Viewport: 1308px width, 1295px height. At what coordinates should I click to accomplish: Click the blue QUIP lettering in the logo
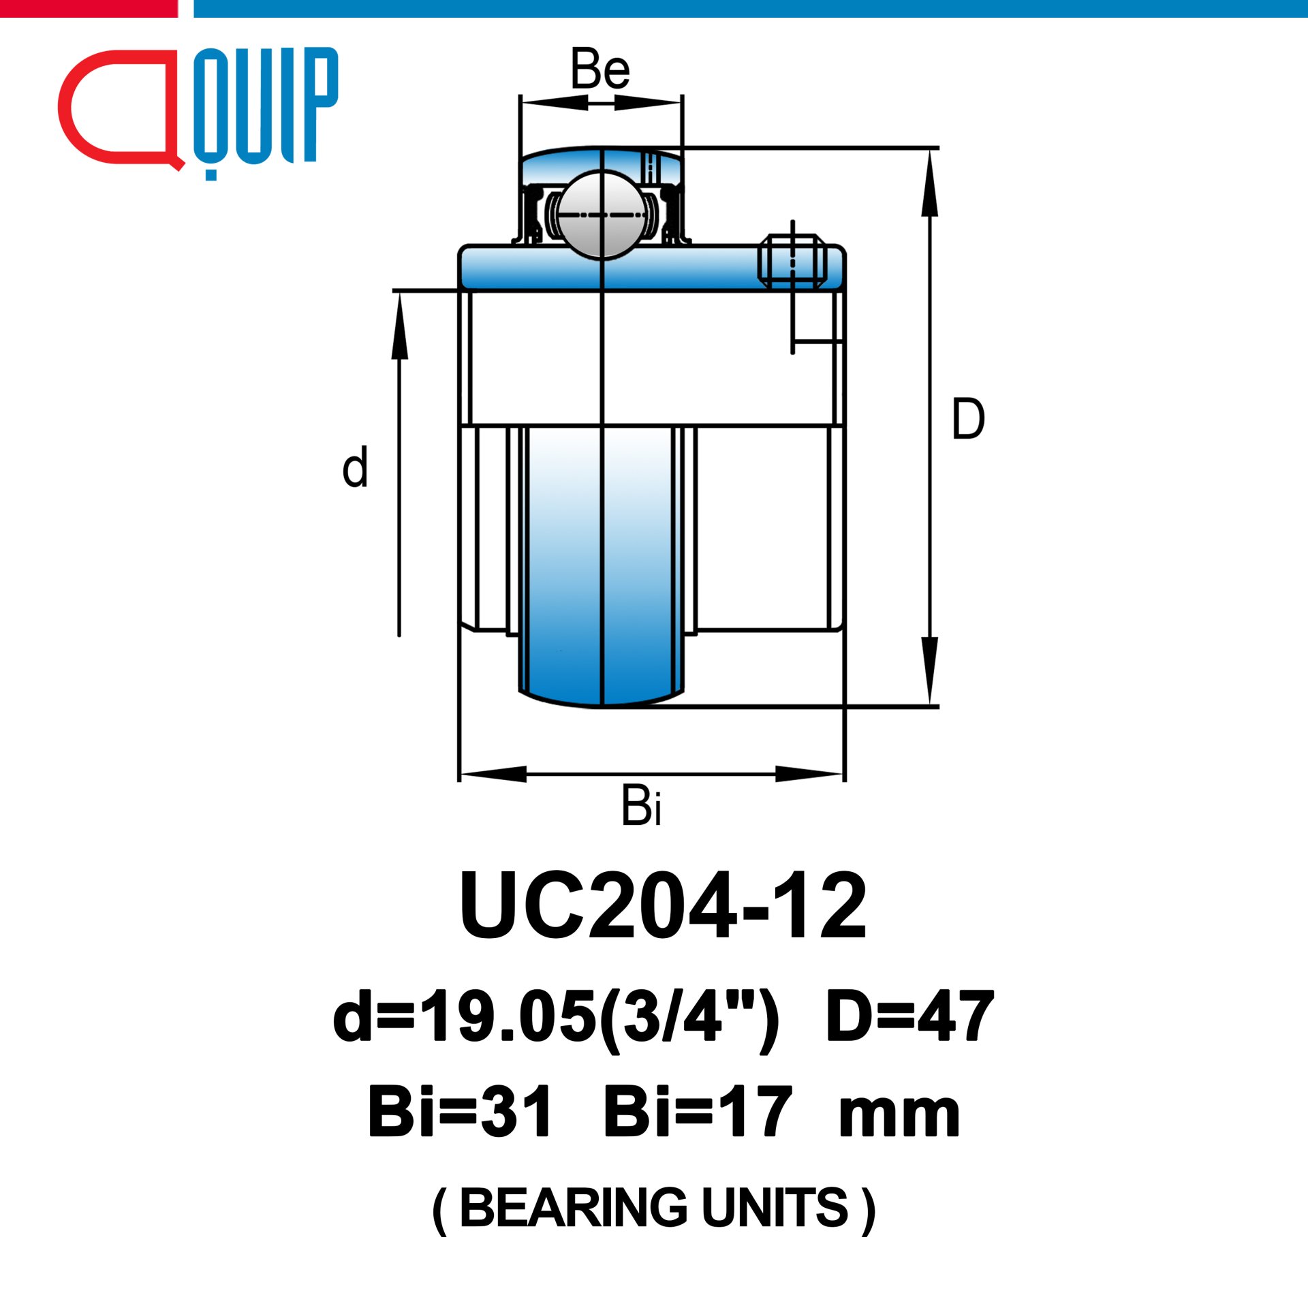tap(266, 109)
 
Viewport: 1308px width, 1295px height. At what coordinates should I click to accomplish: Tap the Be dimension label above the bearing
tap(600, 69)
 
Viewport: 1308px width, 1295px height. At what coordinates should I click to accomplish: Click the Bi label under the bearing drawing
tap(641, 805)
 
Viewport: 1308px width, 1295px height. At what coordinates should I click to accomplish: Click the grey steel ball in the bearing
tap(602, 215)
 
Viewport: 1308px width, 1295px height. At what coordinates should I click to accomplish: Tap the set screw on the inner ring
tap(792, 261)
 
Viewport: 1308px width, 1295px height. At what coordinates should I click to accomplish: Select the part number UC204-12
tap(664, 906)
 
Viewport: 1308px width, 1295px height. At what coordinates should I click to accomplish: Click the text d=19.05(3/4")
tap(556, 1017)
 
